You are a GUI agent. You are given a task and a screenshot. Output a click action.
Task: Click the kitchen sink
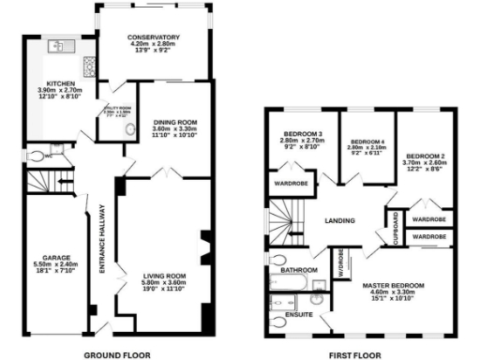[59, 45]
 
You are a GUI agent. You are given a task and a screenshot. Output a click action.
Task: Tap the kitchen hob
[89, 67]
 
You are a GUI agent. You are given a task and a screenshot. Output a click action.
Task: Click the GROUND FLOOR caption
[118, 356]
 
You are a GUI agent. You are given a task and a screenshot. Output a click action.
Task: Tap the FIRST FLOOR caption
[354, 356]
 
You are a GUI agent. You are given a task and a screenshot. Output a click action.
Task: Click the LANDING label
[340, 220]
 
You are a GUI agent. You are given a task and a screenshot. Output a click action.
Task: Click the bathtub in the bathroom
[297, 280]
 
